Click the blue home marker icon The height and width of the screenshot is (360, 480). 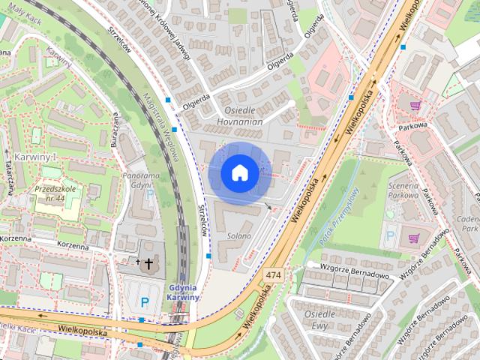[239, 173]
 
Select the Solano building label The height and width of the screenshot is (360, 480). [239, 235]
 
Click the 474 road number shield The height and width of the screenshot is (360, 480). [274, 276]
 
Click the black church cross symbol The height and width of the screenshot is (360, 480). [148, 263]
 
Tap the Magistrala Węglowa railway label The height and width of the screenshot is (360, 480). [160, 124]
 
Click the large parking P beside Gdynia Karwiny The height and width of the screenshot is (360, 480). [145, 302]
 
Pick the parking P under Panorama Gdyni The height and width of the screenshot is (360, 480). [150, 193]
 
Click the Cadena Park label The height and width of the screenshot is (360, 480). [469, 221]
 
